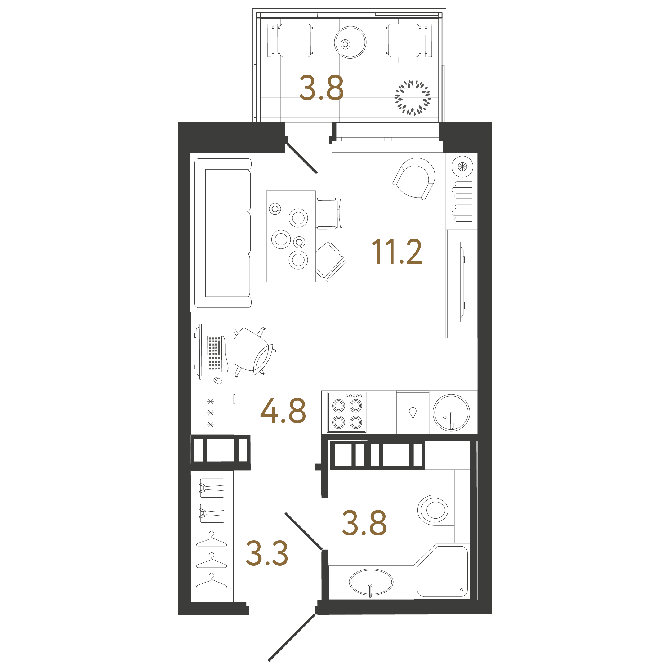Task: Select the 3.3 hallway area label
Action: point(267,553)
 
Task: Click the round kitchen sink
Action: point(451,413)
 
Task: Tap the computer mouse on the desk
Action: point(218,381)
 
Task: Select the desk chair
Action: point(254,351)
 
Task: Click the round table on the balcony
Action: point(350,42)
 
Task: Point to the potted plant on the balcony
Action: point(413,98)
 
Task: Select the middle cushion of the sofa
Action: point(228,233)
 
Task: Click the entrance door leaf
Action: point(292,637)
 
